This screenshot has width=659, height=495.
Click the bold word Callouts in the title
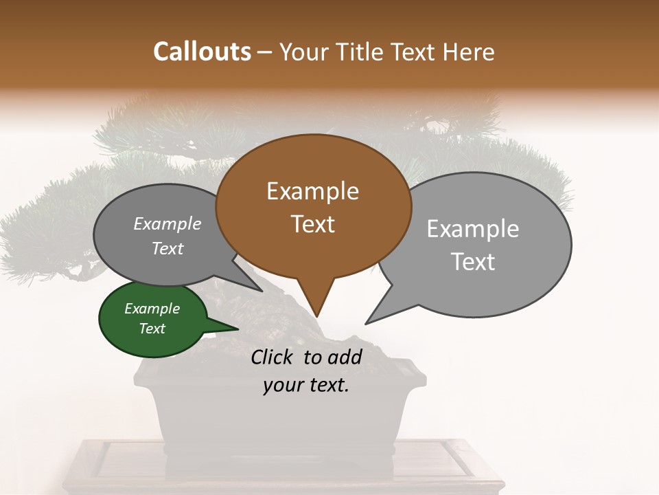202,52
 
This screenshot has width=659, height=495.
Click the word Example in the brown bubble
312,191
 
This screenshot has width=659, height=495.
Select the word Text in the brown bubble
312,224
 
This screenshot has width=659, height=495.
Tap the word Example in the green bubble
152,309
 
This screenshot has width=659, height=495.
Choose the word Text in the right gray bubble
473,262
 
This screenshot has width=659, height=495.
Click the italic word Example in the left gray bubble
167,224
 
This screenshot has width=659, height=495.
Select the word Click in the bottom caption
273,357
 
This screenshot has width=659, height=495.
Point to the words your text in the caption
306,386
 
